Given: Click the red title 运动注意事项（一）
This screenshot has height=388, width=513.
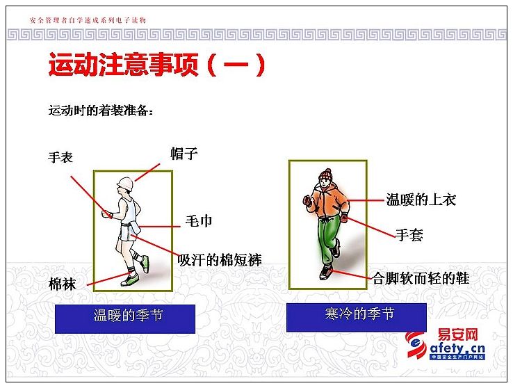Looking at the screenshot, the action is pyautogui.click(x=156, y=65).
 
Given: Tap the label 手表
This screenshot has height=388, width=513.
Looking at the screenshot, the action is pyautogui.click(x=60, y=157).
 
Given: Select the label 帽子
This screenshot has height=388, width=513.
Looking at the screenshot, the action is pyautogui.click(x=184, y=153).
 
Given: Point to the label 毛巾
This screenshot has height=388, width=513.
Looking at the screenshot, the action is pyautogui.click(x=199, y=221).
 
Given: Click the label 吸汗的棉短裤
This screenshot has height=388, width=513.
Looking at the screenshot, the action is pyautogui.click(x=220, y=260).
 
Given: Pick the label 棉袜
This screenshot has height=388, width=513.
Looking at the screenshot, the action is pyautogui.click(x=62, y=284).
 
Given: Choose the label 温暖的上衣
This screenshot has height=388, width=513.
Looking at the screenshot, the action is pyautogui.click(x=421, y=200).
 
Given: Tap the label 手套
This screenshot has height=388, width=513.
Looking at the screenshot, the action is pyautogui.click(x=409, y=234).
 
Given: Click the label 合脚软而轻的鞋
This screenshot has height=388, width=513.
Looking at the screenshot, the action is pyautogui.click(x=421, y=278).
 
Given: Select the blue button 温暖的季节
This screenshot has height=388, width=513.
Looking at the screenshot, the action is pyautogui.click(x=125, y=319).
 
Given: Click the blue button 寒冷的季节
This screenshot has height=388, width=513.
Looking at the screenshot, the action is pyautogui.click(x=357, y=317).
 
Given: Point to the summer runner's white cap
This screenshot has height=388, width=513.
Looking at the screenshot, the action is pyautogui.click(x=125, y=184).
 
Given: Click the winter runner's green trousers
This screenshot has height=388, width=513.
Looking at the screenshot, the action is pyautogui.click(x=329, y=239).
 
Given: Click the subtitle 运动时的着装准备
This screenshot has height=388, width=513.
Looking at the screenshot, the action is pyautogui.click(x=100, y=111).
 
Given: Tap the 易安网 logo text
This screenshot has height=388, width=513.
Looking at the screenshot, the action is pyautogui.click(x=457, y=335).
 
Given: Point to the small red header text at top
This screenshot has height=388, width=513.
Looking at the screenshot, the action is pyautogui.click(x=88, y=20).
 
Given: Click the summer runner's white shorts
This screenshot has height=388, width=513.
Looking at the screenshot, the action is pyautogui.click(x=128, y=232).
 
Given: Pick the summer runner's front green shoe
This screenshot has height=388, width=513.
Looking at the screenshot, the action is pyautogui.click(x=130, y=280).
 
